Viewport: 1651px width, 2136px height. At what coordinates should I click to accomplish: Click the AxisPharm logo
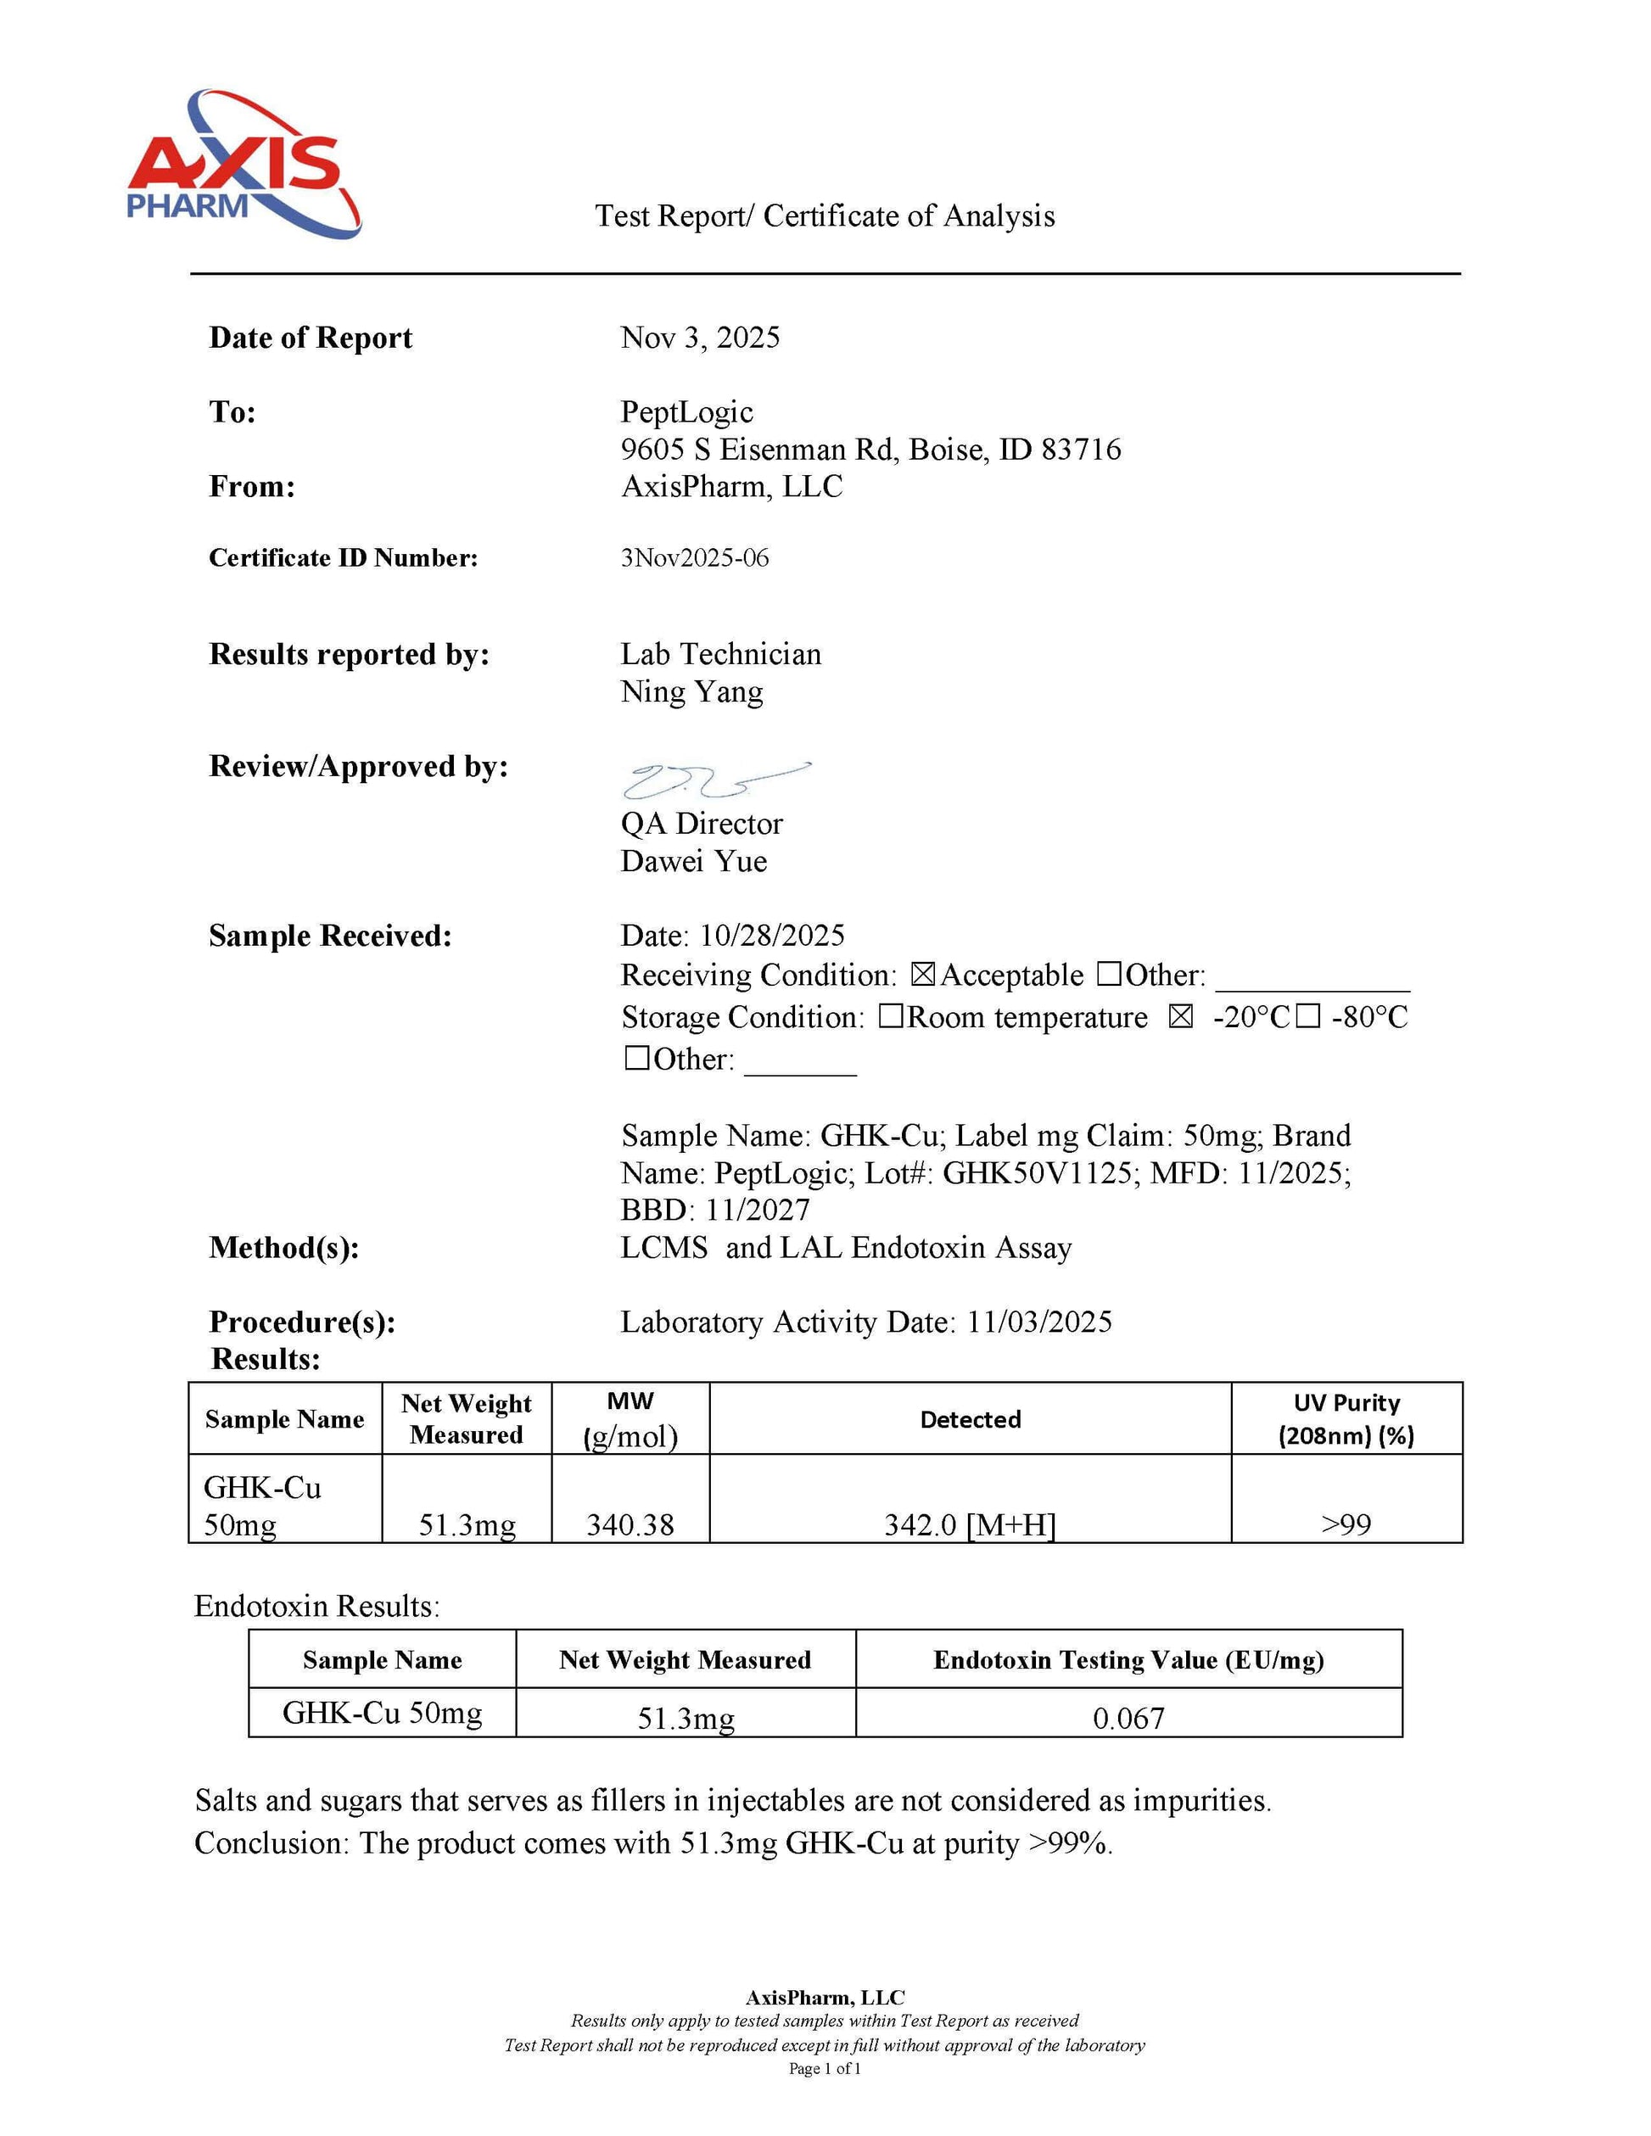pos(242,165)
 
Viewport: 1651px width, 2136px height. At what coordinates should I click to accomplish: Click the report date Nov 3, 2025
pos(700,338)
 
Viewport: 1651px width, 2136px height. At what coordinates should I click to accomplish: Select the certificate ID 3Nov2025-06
pos(695,558)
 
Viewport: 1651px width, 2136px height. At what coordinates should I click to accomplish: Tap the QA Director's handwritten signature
pos(714,780)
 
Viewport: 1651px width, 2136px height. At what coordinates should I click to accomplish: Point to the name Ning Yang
pos(691,692)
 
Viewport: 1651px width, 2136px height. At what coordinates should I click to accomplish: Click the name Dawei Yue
pos(693,862)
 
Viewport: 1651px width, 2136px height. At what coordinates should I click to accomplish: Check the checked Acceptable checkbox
pos(922,975)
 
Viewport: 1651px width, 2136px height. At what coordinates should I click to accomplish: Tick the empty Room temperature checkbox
pos(890,1017)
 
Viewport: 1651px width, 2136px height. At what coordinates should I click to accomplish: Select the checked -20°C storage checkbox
pos(1180,1017)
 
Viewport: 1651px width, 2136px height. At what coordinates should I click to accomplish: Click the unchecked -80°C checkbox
pos(1307,1017)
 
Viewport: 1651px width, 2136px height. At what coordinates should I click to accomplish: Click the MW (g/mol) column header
pos(630,1419)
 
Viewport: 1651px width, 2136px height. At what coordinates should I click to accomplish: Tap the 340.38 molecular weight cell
pos(630,1524)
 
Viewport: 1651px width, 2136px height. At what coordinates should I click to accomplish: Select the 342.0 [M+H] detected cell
pos(969,1524)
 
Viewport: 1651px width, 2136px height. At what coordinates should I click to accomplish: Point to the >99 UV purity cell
pos(1346,1524)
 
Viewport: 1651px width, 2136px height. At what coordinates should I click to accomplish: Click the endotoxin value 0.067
pos(1128,1719)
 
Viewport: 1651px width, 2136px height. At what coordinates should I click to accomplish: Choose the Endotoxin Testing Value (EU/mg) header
pos(1128,1660)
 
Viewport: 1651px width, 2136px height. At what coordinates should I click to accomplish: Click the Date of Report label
pos(310,338)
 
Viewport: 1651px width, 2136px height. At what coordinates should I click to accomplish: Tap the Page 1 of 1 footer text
pos(825,2068)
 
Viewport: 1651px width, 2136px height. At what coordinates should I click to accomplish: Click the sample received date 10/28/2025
pos(772,936)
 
